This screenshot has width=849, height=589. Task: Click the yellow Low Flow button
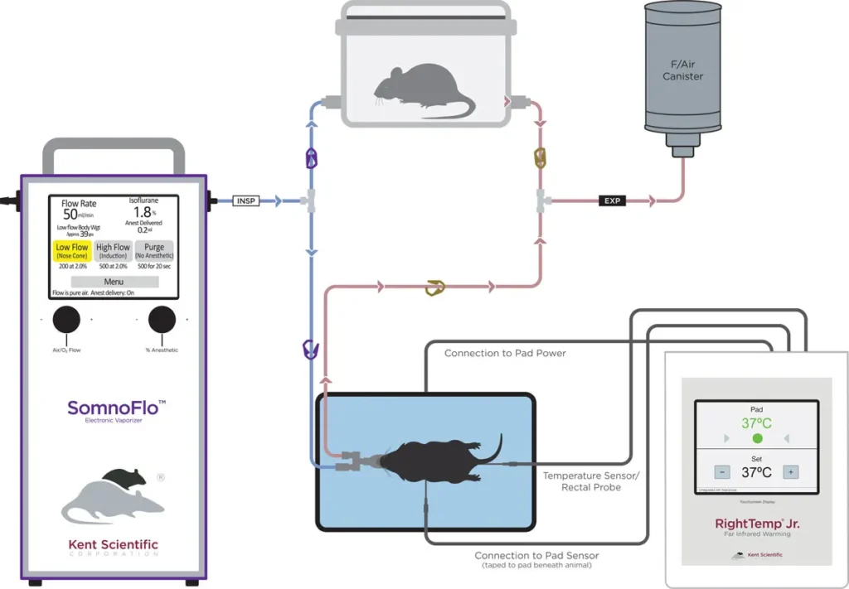tap(72, 252)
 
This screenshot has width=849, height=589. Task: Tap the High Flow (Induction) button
tap(113, 252)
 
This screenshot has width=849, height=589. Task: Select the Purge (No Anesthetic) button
tap(153, 252)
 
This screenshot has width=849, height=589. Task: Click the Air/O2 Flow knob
tap(66, 320)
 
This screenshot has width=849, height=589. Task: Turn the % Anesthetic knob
tap(162, 320)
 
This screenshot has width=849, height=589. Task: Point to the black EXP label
tap(614, 200)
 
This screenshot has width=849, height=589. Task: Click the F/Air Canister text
tap(682, 70)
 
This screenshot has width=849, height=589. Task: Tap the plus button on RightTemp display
tap(790, 471)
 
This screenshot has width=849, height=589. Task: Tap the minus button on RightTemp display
tap(723, 471)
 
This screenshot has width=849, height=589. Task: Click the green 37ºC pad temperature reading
tap(756, 422)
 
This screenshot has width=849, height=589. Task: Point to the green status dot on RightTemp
tap(757, 437)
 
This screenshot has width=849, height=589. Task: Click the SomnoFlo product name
tap(116, 408)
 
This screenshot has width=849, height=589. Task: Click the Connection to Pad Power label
tap(505, 353)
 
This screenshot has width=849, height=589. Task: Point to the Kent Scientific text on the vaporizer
tap(112, 544)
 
